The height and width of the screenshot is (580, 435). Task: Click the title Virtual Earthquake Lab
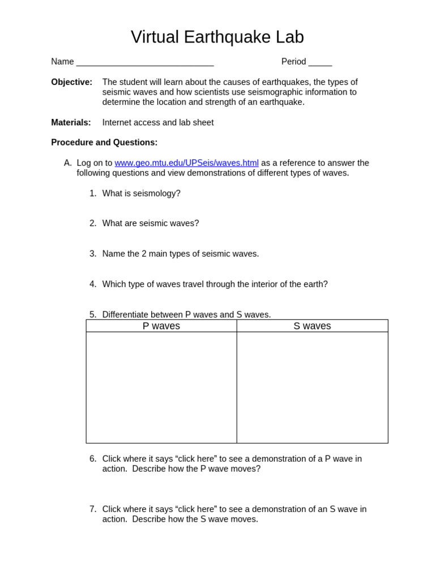217,37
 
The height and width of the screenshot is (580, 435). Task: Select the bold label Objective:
71,82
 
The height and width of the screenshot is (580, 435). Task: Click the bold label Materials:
71,122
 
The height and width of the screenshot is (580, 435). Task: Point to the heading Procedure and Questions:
104,143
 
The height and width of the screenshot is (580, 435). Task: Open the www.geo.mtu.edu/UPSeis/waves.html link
186,163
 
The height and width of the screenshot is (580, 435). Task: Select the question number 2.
92,224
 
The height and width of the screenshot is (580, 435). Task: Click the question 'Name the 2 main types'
180,254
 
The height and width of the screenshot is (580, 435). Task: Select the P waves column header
161,326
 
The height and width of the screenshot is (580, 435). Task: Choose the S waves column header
312,326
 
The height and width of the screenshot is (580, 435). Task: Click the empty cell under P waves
161,387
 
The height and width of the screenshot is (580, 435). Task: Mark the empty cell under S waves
312,387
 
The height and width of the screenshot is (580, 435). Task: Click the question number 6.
92,459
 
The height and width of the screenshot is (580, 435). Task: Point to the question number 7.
92,509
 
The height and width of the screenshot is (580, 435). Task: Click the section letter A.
67,163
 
